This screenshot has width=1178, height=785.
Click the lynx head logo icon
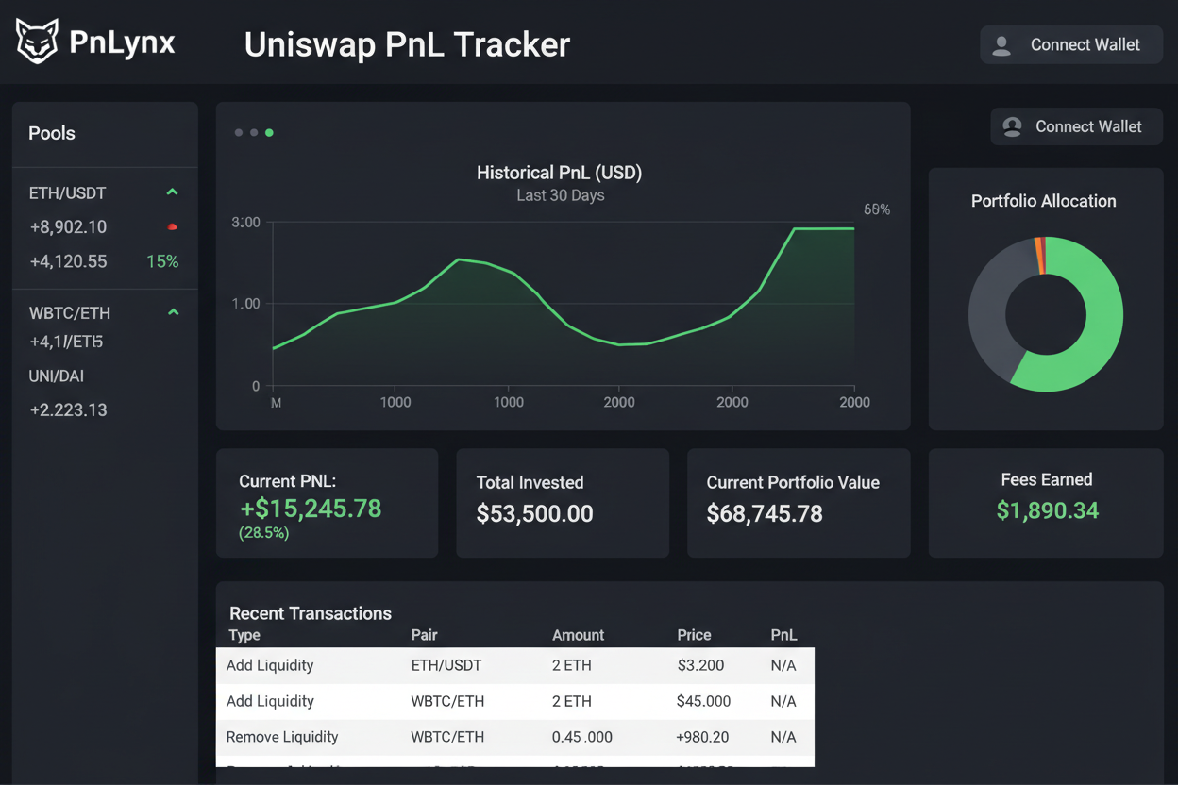[x=37, y=42]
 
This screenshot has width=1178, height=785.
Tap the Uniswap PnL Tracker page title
[x=407, y=44]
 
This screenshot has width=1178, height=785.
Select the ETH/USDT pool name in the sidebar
[x=67, y=193]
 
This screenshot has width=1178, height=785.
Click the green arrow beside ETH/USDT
[x=172, y=192]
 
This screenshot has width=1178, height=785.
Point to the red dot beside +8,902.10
[x=172, y=227]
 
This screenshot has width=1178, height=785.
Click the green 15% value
[x=162, y=261]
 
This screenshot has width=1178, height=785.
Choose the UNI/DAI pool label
[x=57, y=376]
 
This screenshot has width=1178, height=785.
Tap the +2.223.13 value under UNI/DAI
[x=68, y=409]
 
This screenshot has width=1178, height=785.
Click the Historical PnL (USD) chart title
[x=559, y=173]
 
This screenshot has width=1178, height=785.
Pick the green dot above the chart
[x=269, y=133]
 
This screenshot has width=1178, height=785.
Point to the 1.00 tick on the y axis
[x=245, y=304]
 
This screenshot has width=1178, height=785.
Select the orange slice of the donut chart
[x=1039, y=255]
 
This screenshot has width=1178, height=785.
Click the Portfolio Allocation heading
[x=1043, y=201]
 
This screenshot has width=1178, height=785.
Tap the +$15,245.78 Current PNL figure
[x=311, y=509]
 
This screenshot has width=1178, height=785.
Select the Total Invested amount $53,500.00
[x=534, y=514]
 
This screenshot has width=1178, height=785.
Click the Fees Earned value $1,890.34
[x=1047, y=511]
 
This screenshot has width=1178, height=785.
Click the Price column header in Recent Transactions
[x=694, y=635]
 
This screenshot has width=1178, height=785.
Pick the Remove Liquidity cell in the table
[x=281, y=737]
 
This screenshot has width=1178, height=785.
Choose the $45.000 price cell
[x=703, y=701]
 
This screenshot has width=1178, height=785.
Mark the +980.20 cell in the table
[x=703, y=737]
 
